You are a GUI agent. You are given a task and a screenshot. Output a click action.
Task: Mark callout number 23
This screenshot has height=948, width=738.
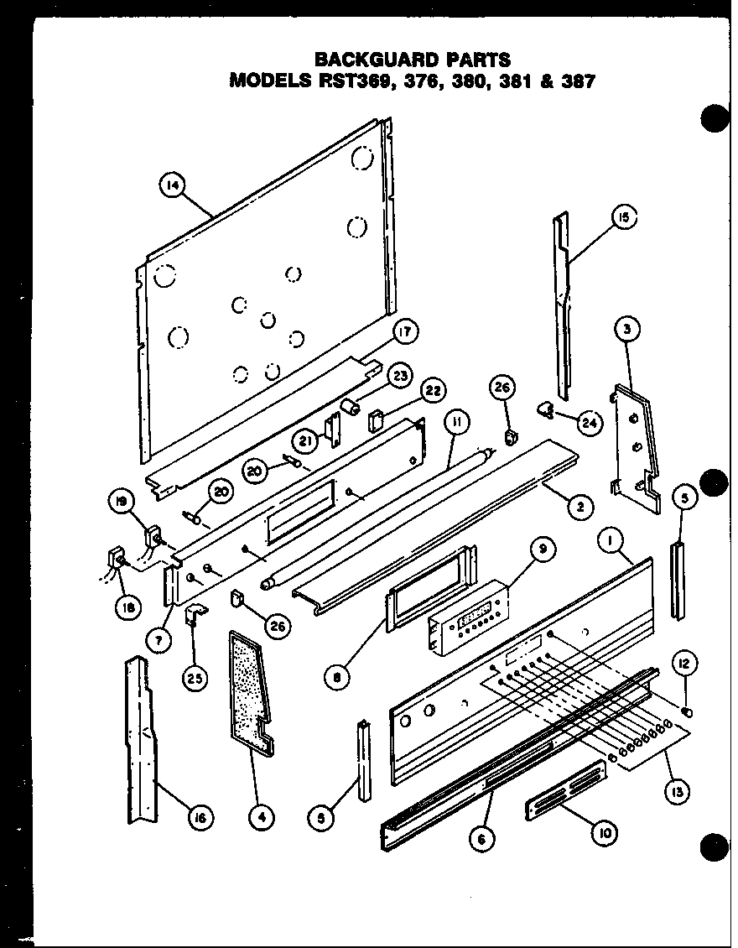pos(400,376)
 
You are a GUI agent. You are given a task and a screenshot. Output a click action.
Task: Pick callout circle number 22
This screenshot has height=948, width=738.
pos(434,391)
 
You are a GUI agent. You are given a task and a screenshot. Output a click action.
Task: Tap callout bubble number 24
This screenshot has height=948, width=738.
pos(590,424)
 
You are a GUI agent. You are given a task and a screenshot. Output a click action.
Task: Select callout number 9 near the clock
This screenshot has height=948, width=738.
pos(543,550)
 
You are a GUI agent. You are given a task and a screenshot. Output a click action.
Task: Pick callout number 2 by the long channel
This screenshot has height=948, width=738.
pos(580,506)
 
